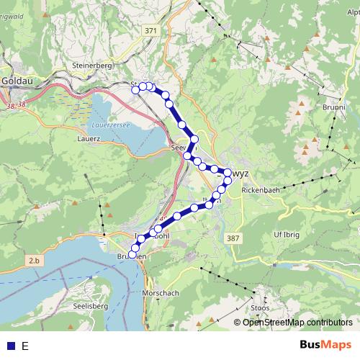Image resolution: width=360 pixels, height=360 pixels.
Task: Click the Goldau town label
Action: (x=14, y=81)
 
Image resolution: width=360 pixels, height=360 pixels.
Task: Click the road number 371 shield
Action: (x=150, y=30)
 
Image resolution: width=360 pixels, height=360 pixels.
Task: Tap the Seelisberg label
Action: (x=90, y=306)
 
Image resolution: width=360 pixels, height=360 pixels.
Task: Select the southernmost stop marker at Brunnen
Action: (x=132, y=255)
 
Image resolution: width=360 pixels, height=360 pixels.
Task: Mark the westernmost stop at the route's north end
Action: (x=136, y=89)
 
